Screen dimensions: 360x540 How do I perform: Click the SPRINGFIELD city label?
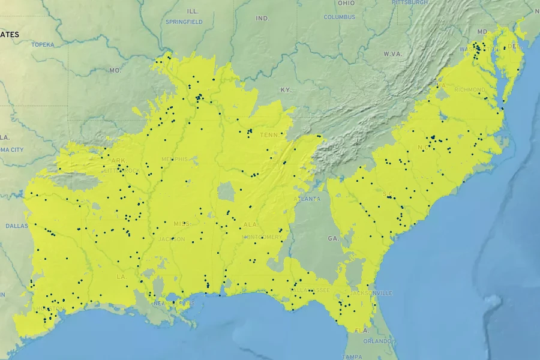pyautogui.click(x=184, y=22)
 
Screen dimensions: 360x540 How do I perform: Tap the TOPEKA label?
pyautogui.click(x=43, y=44)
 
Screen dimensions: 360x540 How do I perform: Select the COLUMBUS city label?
pyautogui.click(x=340, y=17)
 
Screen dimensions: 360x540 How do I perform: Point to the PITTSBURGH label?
pyautogui.click(x=410, y=2)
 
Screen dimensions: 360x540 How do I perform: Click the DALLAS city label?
pyautogui.click(x=17, y=226)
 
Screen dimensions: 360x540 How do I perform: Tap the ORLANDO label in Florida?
pyautogui.click(x=377, y=341)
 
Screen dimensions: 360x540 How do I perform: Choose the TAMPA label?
pyautogui.click(x=352, y=356)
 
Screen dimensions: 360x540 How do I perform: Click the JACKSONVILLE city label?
pyautogui.click(x=371, y=293)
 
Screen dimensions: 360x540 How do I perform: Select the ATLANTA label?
pyautogui.click(x=307, y=199)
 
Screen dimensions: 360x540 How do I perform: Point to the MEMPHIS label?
pyautogui.click(x=175, y=159)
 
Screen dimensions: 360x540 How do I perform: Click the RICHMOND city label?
pyautogui.click(x=469, y=90)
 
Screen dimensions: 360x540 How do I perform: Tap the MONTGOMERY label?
pyautogui.click(x=262, y=237)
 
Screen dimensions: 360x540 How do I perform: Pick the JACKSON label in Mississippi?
pyautogui.click(x=173, y=239)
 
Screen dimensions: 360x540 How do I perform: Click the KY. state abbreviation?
pyautogui.click(x=286, y=90)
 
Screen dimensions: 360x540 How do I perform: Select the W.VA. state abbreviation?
pyautogui.click(x=392, y=54)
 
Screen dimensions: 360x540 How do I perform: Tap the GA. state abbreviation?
pyautogui.click(x=333, y=238)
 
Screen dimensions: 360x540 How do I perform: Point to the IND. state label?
pyautogui.click(x=263, y=19)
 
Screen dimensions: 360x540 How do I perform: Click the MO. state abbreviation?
pyautogui.click(x=115, y=70)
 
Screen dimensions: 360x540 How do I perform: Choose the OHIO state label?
pyautogui.click(x=346, y=3)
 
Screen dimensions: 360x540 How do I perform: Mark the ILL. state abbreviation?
pyautogui.click(x=193, y=11)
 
